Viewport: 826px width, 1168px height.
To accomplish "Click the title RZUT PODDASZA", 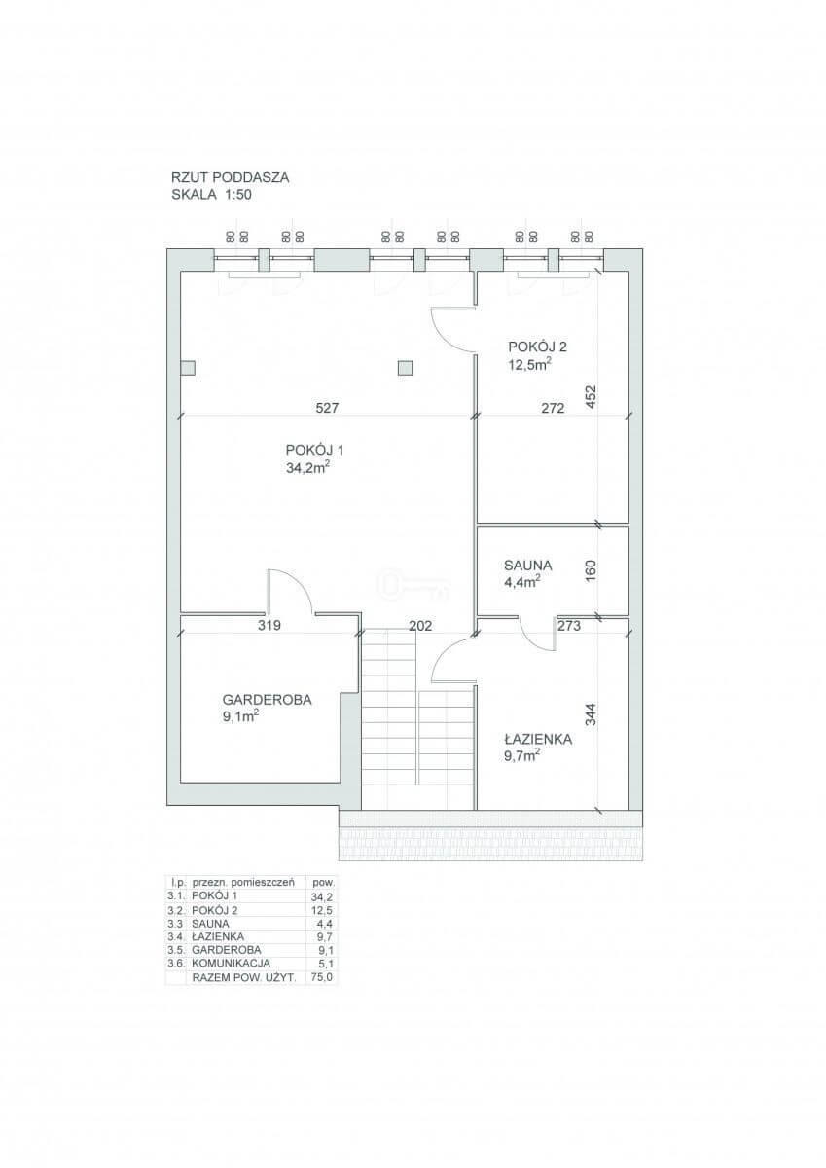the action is (230, 177).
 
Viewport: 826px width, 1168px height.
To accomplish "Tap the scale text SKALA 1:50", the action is (211, 195).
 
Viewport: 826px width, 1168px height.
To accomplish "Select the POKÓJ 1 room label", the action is (315, 450).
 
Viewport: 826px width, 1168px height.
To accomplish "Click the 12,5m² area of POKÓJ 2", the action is (530, 364).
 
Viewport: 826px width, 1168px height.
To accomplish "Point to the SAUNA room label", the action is (528, 566).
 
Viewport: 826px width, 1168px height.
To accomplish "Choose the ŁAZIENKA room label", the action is (538, 739).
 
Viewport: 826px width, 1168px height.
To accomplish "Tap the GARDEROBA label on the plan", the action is (267, 699).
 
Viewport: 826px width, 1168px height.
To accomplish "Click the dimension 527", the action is (327, 408).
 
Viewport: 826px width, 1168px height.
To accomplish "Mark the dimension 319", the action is (269, 625).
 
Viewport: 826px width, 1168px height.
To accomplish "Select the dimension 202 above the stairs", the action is (420, 626).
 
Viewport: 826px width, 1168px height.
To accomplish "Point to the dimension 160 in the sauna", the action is (591, 571).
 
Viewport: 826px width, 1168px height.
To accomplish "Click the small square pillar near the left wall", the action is (188, 368).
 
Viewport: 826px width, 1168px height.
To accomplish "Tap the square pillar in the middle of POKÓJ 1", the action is (405, 368).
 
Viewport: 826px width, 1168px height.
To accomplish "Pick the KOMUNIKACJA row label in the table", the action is (232, 963).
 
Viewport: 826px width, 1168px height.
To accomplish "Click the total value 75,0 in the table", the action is (321, 977).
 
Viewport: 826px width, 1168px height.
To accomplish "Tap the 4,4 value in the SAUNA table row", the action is (325, 924).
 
